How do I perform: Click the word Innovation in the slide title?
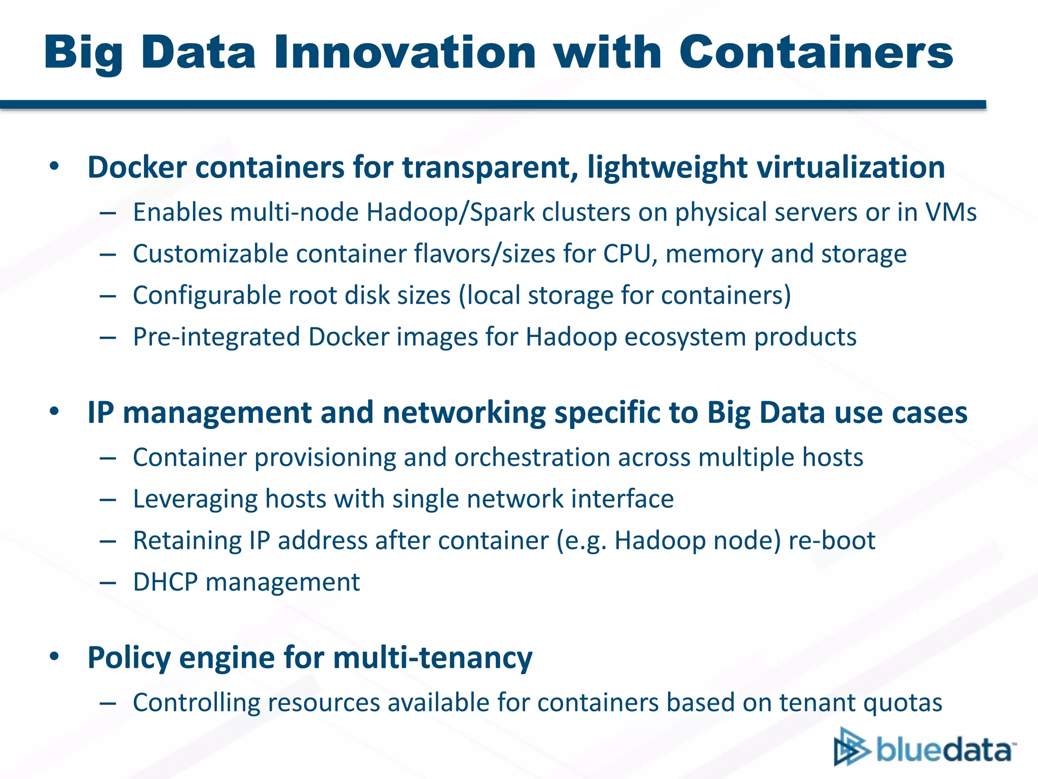[404, 53]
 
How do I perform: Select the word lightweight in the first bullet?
[667, 167]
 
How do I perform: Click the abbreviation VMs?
[951, 212]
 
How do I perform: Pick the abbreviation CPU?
[626, 254]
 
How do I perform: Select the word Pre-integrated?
[216, 337]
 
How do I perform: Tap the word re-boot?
[832, 541]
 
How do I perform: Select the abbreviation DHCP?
[165, 582]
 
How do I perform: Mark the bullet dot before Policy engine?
[54, 657]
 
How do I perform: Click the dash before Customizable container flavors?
[108, 254]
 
